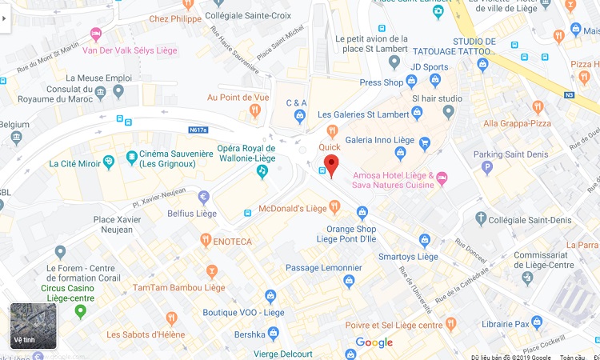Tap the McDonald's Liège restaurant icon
point(334,208)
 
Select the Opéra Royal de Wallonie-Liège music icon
point(262,170)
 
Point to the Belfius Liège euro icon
point(203,197)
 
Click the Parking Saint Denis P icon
point(486,168)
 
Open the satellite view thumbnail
point(34,326)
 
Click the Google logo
point(374,342)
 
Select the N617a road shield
point(198,130)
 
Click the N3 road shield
point(569,94)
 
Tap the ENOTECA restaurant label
point(232,241)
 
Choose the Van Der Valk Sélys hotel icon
point(96,34)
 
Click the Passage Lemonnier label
point(318,268)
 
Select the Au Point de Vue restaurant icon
point(255,111)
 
